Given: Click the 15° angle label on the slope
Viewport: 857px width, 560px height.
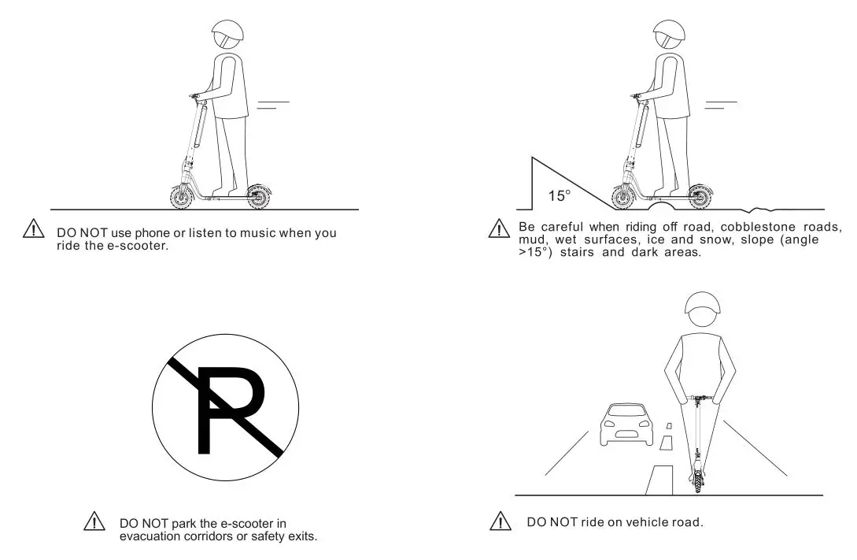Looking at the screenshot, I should point(558,196).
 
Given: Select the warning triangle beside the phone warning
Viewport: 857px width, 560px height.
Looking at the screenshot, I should point(35,230).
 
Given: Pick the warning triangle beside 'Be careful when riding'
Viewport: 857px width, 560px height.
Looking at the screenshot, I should point(498,229).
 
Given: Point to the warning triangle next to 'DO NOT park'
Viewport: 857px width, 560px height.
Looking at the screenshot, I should point(94,521).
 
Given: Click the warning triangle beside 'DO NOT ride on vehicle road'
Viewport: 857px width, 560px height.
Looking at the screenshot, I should point(500,521).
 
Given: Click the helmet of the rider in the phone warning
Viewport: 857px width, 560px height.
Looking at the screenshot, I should point(227,35).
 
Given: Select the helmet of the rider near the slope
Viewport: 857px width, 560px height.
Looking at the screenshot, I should point(669,35).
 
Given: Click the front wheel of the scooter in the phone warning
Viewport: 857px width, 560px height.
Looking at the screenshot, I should point(183,197).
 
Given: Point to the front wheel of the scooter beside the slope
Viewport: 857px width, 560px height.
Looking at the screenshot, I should point(624,197).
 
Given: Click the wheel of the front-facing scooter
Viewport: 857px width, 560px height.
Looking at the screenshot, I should point(698,480).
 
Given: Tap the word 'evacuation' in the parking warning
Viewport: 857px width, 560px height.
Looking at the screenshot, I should point(149,536).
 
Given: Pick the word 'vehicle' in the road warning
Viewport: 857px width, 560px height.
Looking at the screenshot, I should point(641,522).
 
